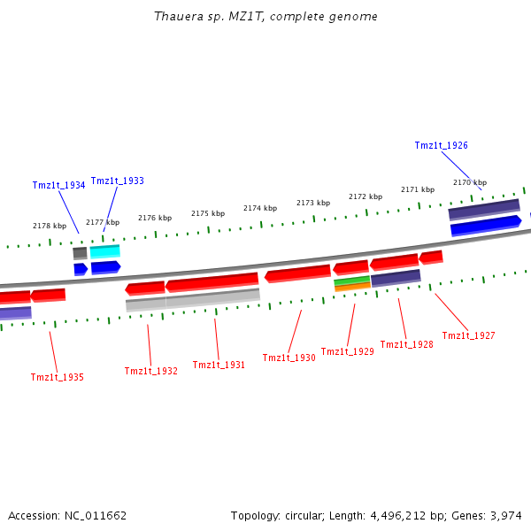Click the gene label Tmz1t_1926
tap(442, 145)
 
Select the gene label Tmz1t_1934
tap(58, 185)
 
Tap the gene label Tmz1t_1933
tap(117, 181)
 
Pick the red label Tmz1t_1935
tap(58, 377)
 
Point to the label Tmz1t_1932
tap(150, 371)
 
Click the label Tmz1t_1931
tap(219, 365)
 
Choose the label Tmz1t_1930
tap(289, 358)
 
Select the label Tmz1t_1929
tap(347, 351)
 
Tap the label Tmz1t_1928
tap(406, 344)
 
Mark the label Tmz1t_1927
tap(468, 335)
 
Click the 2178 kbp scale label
tap(50, 226)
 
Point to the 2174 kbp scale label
tap(260, 208)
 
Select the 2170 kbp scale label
tap(470, 182)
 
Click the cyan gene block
tap(104, 252)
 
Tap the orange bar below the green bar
tap(351, 287)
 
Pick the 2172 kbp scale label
tap(366, 196)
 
